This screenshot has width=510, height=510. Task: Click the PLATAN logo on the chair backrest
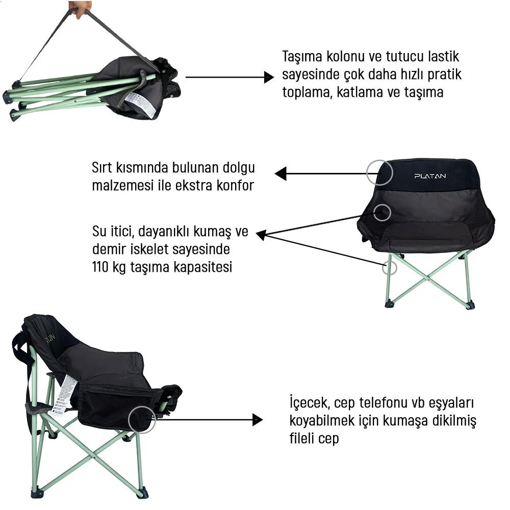coord(430,176)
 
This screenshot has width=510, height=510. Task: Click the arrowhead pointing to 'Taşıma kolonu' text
coord(269,78)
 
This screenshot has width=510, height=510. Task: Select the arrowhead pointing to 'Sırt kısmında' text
coord(280,174)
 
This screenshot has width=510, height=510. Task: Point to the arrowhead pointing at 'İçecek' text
coord(257,420)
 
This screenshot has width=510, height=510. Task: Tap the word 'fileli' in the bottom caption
coord(302,438)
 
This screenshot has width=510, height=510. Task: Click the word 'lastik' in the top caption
coord(443,57)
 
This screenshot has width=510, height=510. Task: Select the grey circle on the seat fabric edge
coord(390,213)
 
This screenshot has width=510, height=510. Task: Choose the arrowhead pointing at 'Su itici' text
coord(261,235)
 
